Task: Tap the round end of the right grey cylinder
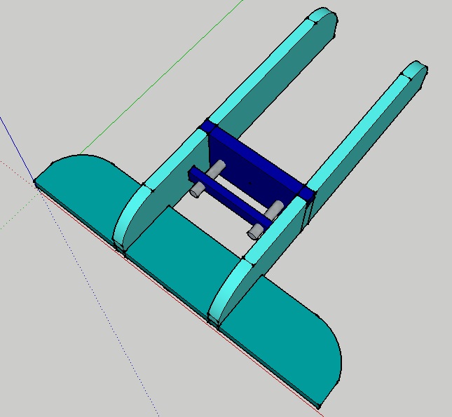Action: click(253, 231)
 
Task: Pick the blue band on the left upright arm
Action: click(207, 125)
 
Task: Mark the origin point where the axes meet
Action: click(35, 183)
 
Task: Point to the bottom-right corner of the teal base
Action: click(317, 405)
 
